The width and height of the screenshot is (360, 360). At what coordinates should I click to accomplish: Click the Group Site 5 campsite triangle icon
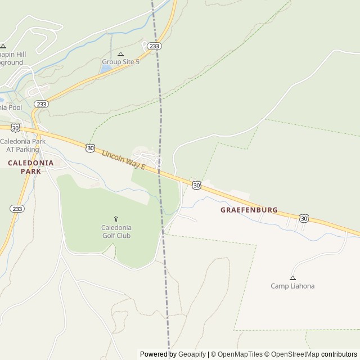[x=120, y=54]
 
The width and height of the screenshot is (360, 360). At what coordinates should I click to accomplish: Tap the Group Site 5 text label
[x=120, y=62]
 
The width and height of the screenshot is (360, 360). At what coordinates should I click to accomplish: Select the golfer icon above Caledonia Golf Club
[x=116, y=219]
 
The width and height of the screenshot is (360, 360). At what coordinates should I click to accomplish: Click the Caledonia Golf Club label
[x=116, y=231]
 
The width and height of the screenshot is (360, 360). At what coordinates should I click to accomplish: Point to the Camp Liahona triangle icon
[x=292, y=278]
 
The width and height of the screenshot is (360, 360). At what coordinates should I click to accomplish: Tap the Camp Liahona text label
[x=292, y=286]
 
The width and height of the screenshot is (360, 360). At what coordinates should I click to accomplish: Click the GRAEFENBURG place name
[x=249, y=210]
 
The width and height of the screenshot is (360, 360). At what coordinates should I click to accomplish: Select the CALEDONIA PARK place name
[x=30, y=166]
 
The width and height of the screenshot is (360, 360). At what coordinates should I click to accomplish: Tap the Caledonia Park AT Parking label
[x=22, y=145]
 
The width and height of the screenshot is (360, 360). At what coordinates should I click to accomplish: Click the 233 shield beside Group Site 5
[x=156, y=46]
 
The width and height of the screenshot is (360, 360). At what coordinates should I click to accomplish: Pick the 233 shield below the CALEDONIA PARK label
[x=17, y=209]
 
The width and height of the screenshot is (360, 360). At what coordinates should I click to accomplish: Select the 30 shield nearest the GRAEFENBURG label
[x=196, y=184]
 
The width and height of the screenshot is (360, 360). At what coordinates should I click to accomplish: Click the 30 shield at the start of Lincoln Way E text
[x=91, y=148]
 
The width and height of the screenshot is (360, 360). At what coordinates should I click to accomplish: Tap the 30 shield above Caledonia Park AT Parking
[x=16, y=128]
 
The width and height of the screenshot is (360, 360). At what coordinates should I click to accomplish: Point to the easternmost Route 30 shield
[x=304, y=218]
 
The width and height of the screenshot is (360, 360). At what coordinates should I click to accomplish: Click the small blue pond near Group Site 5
[x=106, y=69]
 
